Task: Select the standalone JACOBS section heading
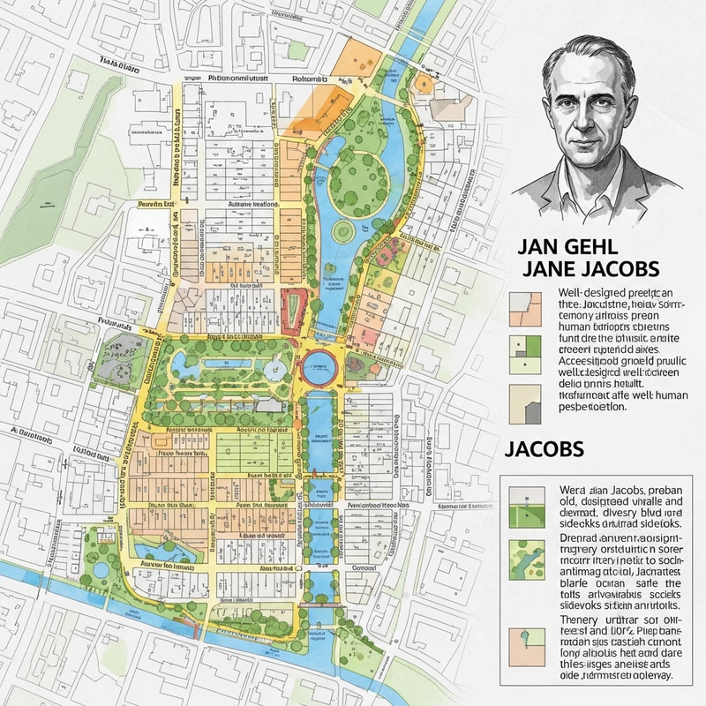tap(545, 448)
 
